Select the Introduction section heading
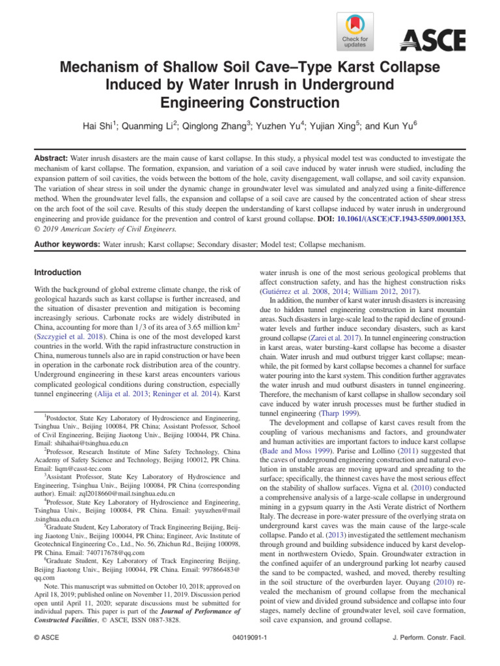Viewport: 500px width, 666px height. (58, 273)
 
